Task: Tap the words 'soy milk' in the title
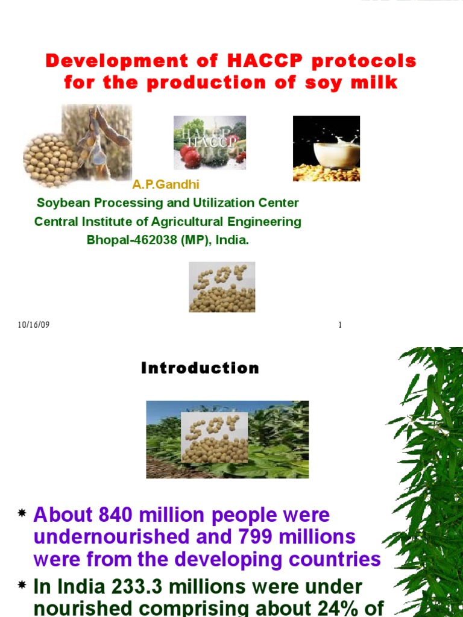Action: click(x=363, y=83)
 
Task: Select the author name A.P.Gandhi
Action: click(x=166, y=184)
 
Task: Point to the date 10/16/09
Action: click(x=34, y=325)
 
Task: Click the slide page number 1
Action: click(x=340, y=325)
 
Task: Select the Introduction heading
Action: click(x=200, y=368)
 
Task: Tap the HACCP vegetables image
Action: click(x=210, y=142)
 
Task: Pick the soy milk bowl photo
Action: click(x=326, y=148)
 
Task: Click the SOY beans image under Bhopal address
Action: click(x=222, y=287)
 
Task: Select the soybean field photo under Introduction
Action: click(x=227, y=439)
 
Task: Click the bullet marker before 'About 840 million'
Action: click(x=22, y=513)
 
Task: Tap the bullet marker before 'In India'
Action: click(x=22, y=585)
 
